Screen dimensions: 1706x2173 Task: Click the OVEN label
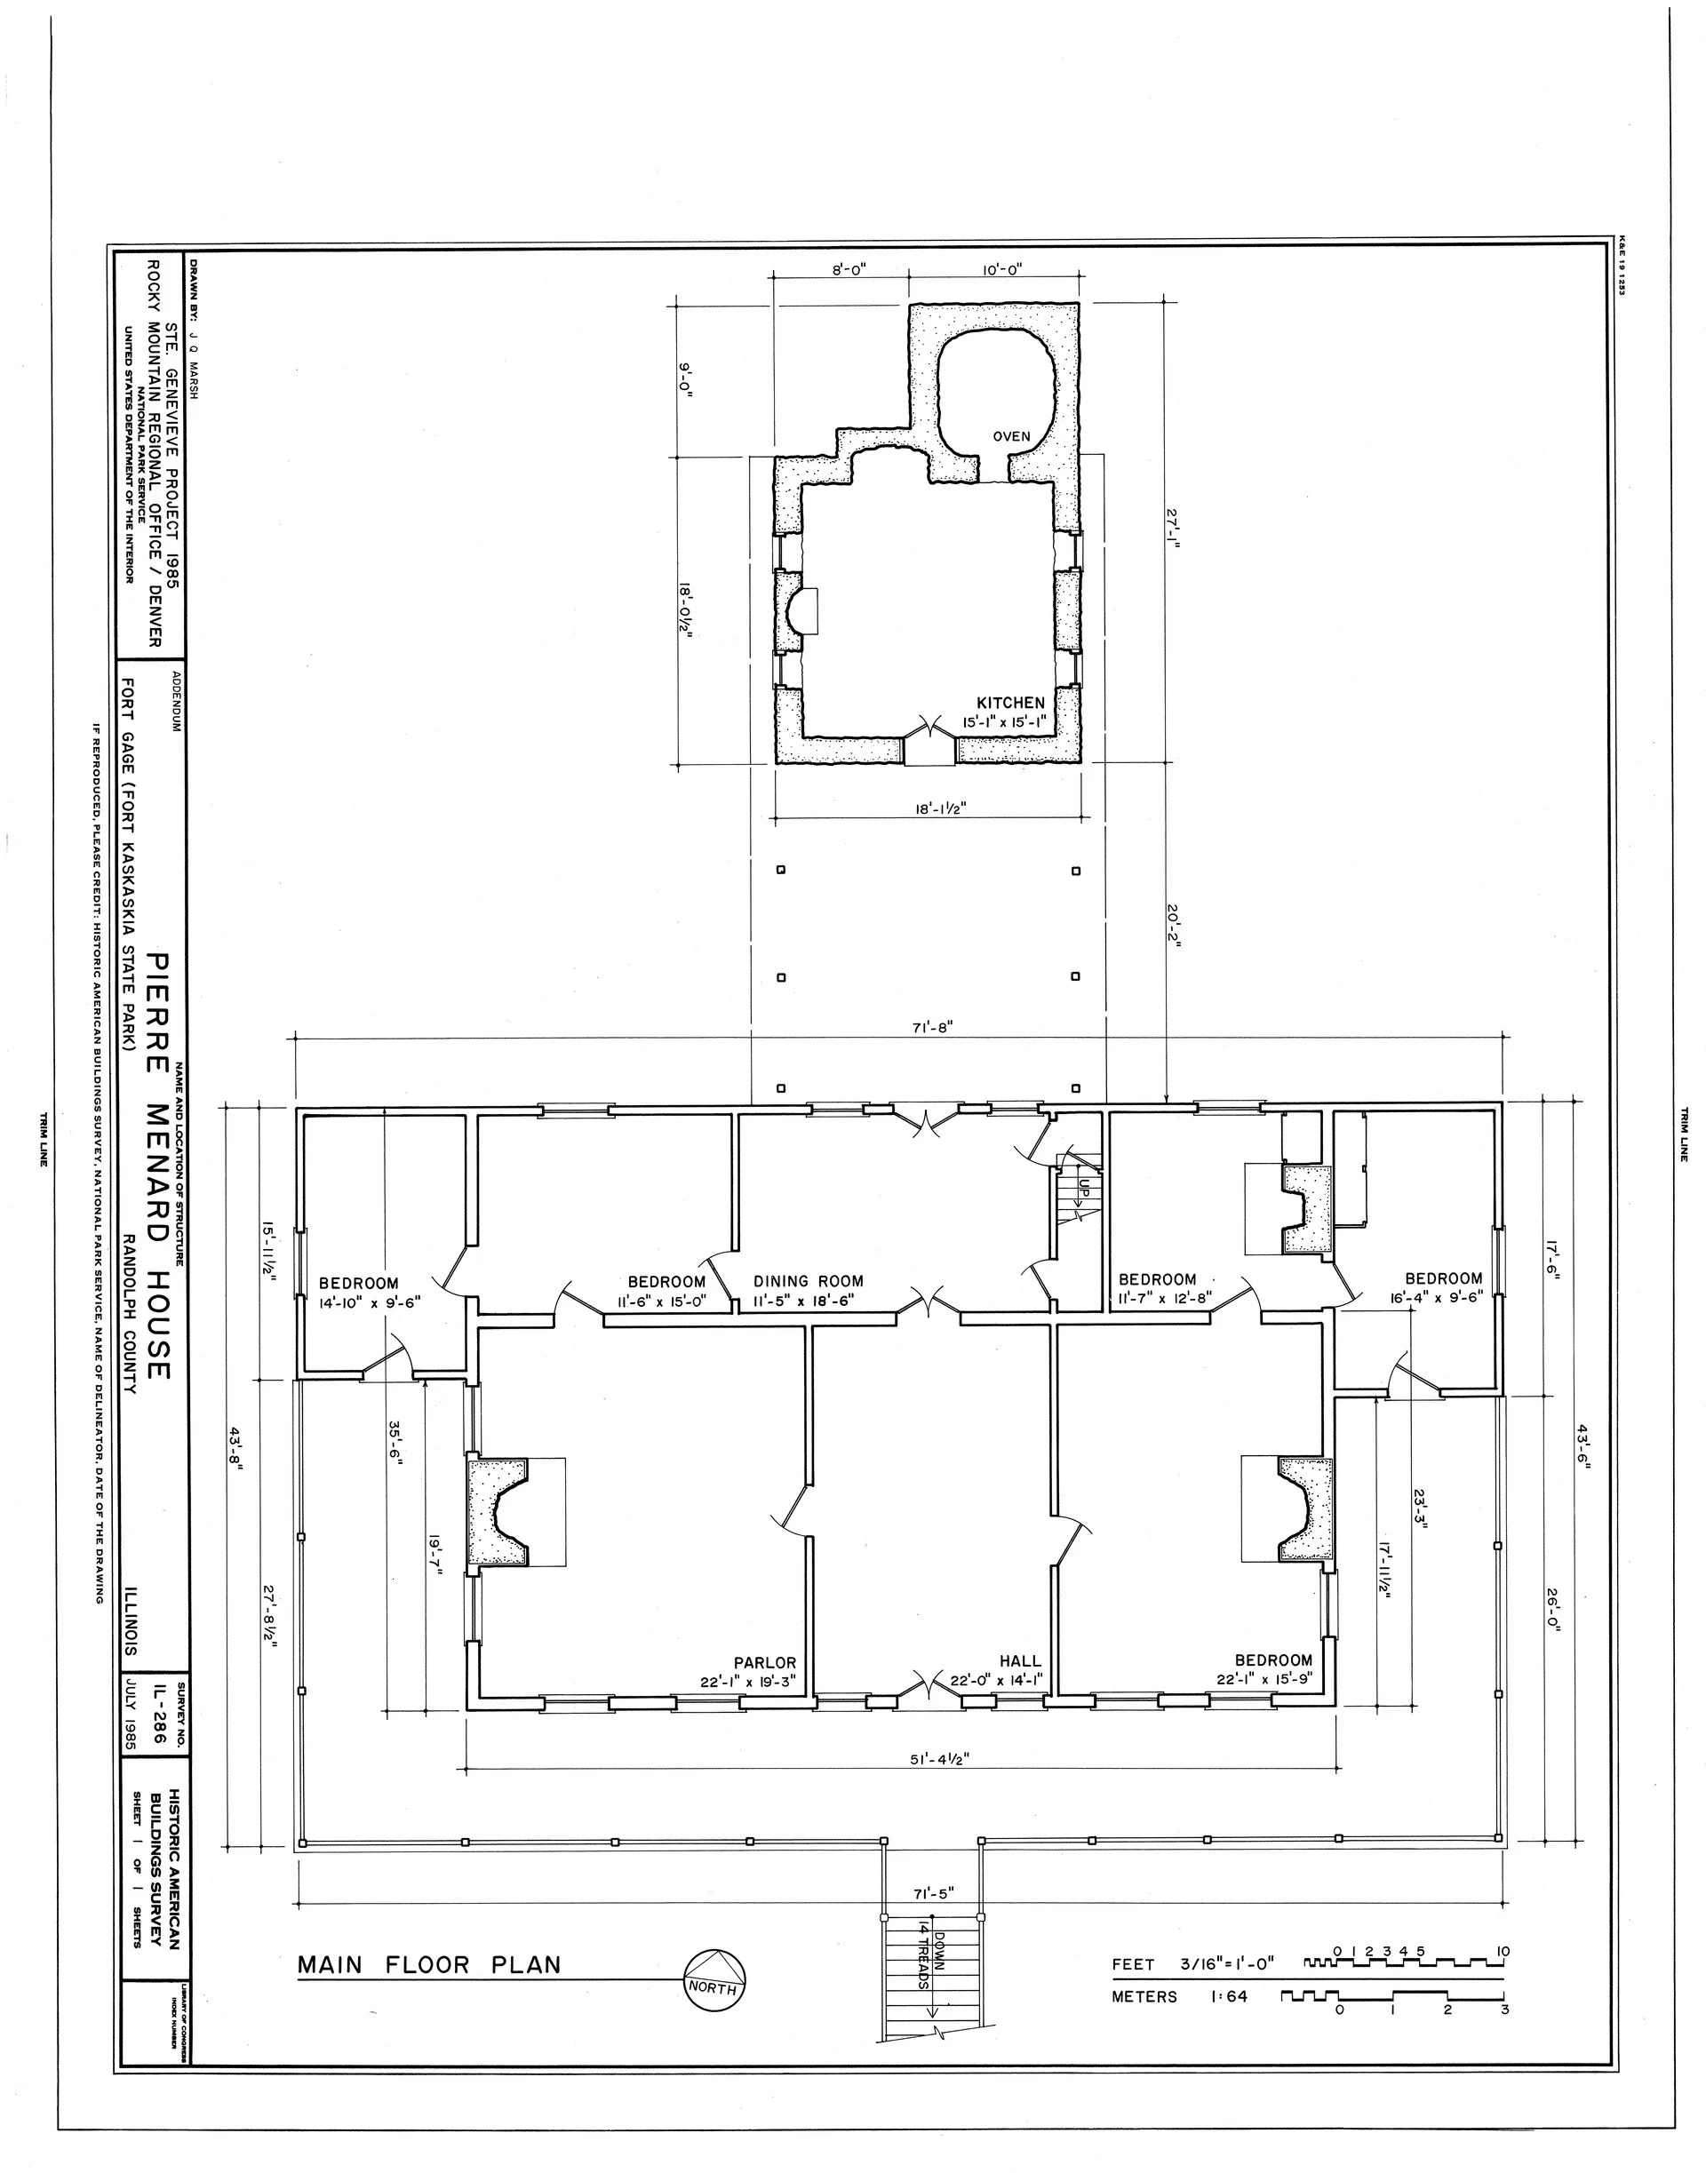(1011, 436)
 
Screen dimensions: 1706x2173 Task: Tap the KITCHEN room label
(1011, 703)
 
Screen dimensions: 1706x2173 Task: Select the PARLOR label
(765, 1663)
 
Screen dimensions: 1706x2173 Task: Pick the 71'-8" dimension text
(933, 1028)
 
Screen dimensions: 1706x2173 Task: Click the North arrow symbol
(712, 1970)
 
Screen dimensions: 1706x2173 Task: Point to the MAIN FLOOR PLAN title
(429, 1964)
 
